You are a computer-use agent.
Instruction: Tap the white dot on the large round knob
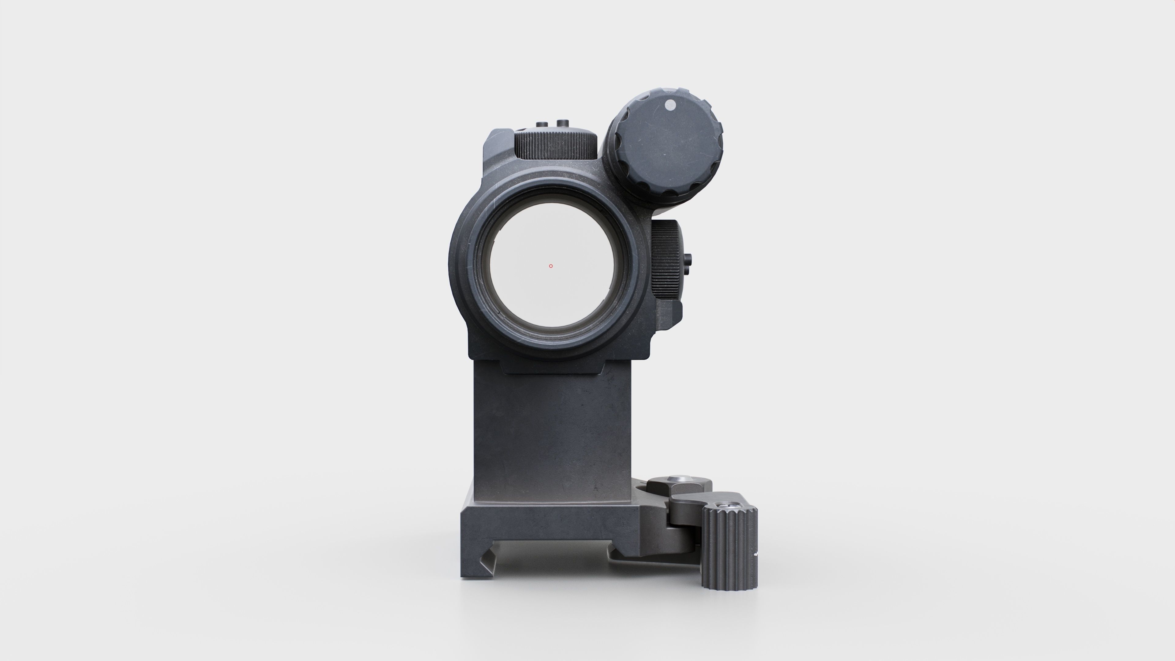pos(670,105)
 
